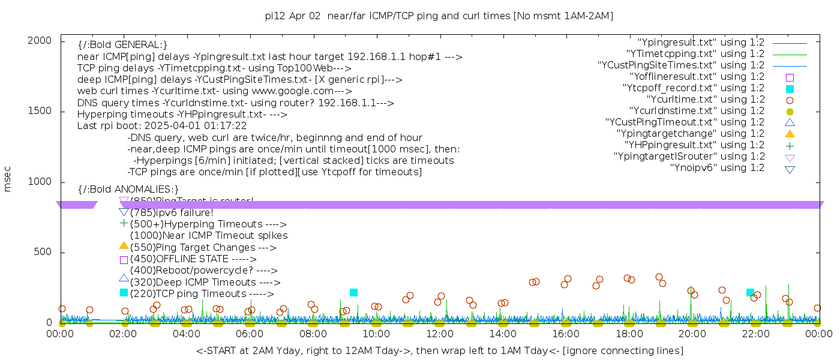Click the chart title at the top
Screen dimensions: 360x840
[x=439, y=16]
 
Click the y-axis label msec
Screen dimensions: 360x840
[x=7, y=179]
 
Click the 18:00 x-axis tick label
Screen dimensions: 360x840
[x=629, y=334]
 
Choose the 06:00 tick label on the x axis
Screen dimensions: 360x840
[x=250, y=334]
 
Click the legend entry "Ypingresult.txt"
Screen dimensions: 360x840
[x=701, y=43]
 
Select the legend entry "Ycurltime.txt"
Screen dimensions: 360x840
[x=705, y=100]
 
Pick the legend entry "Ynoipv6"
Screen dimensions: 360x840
[x=717, y=168]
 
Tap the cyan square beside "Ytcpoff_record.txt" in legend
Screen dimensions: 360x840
[x=790, y=89]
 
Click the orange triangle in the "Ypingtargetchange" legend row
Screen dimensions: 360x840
[x=790, y=134]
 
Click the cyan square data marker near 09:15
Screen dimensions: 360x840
[x=353, y=292]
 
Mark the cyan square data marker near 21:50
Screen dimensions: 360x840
[x=750, y=292]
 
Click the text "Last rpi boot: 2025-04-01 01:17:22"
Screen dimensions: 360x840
[x=162, y=126]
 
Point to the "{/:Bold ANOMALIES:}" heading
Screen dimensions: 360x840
[x=128, y=190]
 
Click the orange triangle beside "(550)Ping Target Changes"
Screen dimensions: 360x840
[x=124, y=245]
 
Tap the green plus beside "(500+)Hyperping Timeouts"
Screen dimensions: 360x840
[x=124, y=223]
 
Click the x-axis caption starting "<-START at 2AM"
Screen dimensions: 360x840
[x=439, y=350]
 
